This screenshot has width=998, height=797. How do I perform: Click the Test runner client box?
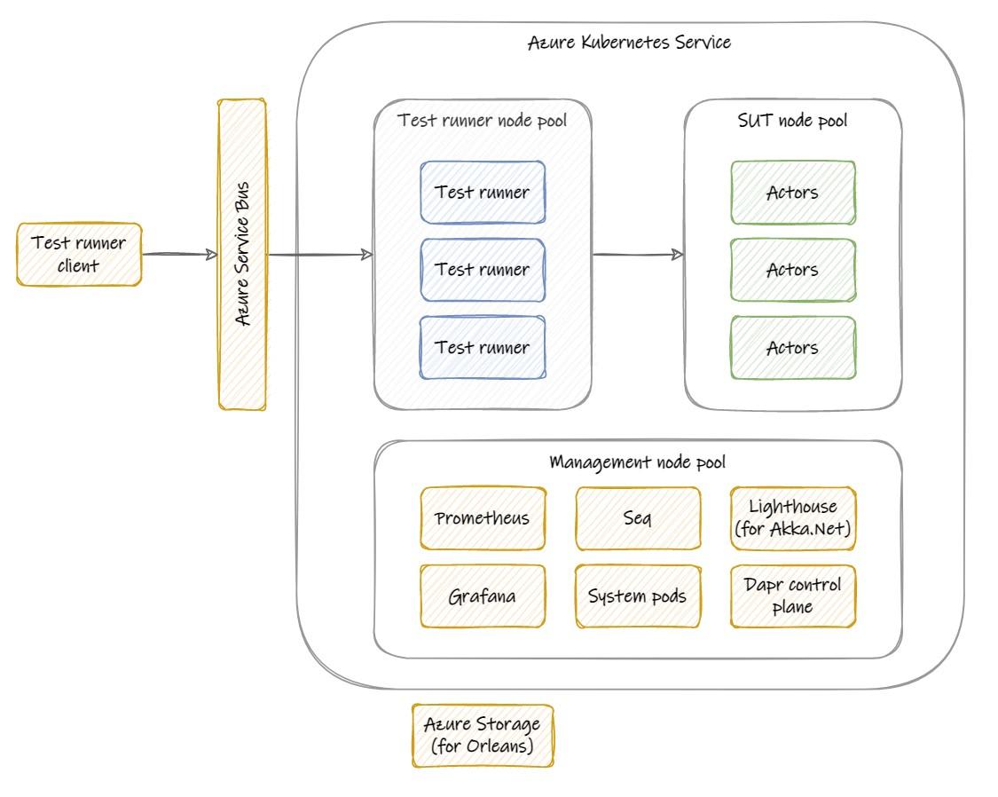point(79,254)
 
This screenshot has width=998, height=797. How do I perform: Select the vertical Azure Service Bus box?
point(242,255)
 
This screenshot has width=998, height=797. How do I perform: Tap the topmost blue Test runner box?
point(483,192)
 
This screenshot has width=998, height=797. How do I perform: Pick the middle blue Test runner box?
point(483,270)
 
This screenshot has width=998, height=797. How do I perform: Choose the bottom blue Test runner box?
point(483,347)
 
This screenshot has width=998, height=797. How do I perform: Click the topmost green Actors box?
point(792,192)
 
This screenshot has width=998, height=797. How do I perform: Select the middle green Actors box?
point(792,270)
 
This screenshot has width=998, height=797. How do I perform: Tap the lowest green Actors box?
point(792,347)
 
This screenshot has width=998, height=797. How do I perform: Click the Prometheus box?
point(483,518)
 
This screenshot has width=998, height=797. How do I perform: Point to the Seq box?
point(638,518)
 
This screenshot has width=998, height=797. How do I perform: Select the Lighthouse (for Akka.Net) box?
point(793,518)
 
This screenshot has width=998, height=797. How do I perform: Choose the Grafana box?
point(483,596)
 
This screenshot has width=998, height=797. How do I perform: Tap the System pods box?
point(638,596)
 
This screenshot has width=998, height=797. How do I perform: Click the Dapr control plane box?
point(793,596)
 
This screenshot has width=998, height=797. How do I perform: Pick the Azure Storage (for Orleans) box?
point(483,736)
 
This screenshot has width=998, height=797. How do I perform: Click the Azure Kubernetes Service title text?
point(629,42)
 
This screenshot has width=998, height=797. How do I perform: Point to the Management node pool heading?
point(637,462)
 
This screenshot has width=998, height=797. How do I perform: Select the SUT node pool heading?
point(792,121)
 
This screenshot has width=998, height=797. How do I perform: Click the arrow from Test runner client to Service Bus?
point(179,255)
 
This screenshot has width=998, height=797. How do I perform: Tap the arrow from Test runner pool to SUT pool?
point(638,255)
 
